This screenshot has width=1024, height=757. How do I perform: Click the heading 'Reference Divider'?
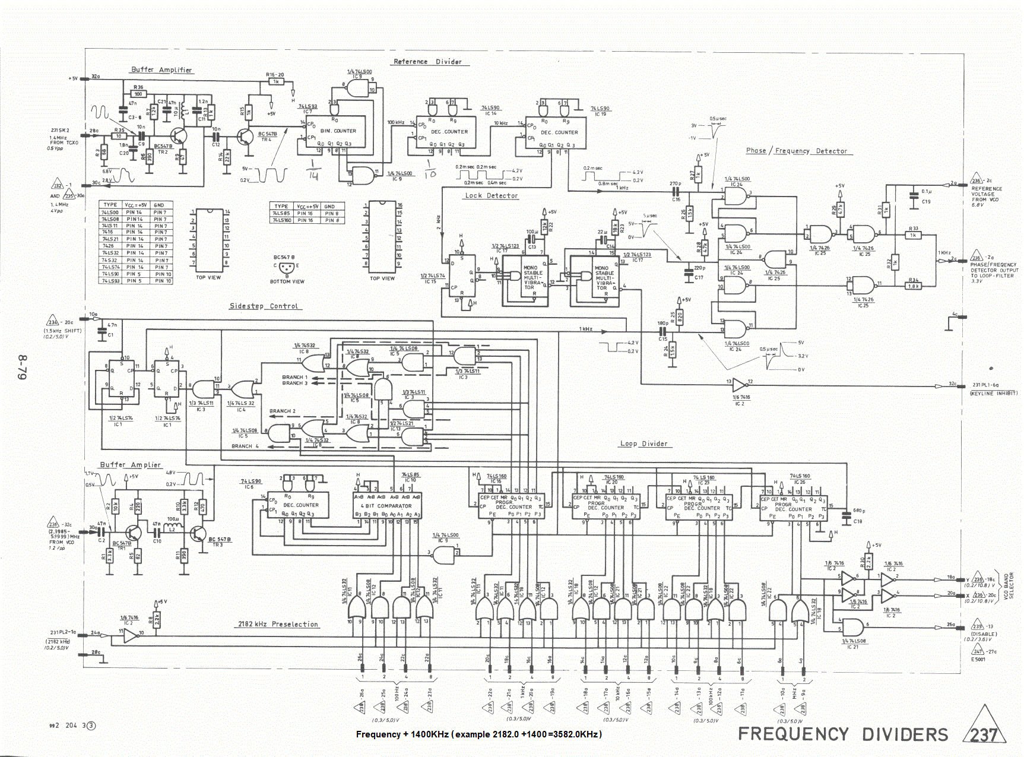tap(427, 62)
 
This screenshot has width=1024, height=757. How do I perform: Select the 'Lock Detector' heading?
tap(491, 196)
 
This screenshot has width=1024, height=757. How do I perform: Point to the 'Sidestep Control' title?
tap(264, 306)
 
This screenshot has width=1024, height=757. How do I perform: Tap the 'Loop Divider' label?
tap(644, 444)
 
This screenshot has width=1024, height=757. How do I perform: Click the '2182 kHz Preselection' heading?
tap(278, 625)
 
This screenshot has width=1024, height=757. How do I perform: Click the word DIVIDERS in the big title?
tap(905, 734)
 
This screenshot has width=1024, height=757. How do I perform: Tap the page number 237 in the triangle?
tap(984, 735)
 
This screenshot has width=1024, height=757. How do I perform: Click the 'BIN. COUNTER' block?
tap(338, 131)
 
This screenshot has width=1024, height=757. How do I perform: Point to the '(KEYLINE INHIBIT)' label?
tap(993, 394)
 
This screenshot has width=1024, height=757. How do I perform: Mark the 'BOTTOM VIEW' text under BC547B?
tap(287, 282)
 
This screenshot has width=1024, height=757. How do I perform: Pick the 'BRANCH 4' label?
tap(245, 446)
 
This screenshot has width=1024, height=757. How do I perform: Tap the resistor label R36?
tap(138, 87)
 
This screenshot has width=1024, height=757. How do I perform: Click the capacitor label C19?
tap(926, 202)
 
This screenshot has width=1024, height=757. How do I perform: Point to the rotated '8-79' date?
tap(23, 368)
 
